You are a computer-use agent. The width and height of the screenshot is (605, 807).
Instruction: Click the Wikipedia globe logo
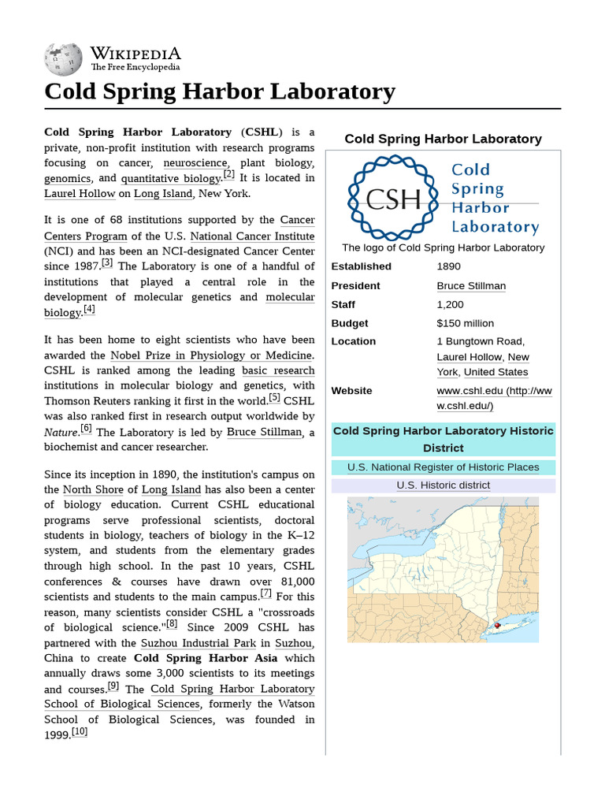[x=63, y=59]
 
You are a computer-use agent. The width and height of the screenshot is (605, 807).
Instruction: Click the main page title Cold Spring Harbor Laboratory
[x=220, y=91]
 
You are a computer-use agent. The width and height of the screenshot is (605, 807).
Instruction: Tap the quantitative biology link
[x=171, y=179]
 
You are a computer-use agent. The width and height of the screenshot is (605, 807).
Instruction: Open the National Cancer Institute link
[x=252, y=236]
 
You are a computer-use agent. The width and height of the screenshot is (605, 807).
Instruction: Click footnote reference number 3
[x=107, y=263]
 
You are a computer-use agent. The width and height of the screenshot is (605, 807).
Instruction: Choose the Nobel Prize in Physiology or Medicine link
[x=212, y=355]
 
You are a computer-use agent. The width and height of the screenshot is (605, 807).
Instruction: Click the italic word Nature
[x=61, y=432]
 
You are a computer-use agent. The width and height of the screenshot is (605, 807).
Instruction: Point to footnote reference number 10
[x=80, y=732]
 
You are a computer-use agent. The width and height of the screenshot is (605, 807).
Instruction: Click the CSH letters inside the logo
[x=394, y=199]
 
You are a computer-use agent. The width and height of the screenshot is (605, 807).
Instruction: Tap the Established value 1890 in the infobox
[x=449, y=266]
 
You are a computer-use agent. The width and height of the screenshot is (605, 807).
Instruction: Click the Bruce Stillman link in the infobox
[x=471, y=285]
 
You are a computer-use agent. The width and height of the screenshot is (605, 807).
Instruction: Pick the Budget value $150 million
[x=465, y=323]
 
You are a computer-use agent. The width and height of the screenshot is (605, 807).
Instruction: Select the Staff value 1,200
[x=450, y=304]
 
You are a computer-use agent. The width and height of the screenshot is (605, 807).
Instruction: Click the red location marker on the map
[x=497, y=625]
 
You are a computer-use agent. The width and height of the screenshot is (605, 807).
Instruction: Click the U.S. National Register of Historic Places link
[x=443, y=467]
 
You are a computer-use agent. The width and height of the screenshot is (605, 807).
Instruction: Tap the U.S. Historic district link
[x=443, y=485]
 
